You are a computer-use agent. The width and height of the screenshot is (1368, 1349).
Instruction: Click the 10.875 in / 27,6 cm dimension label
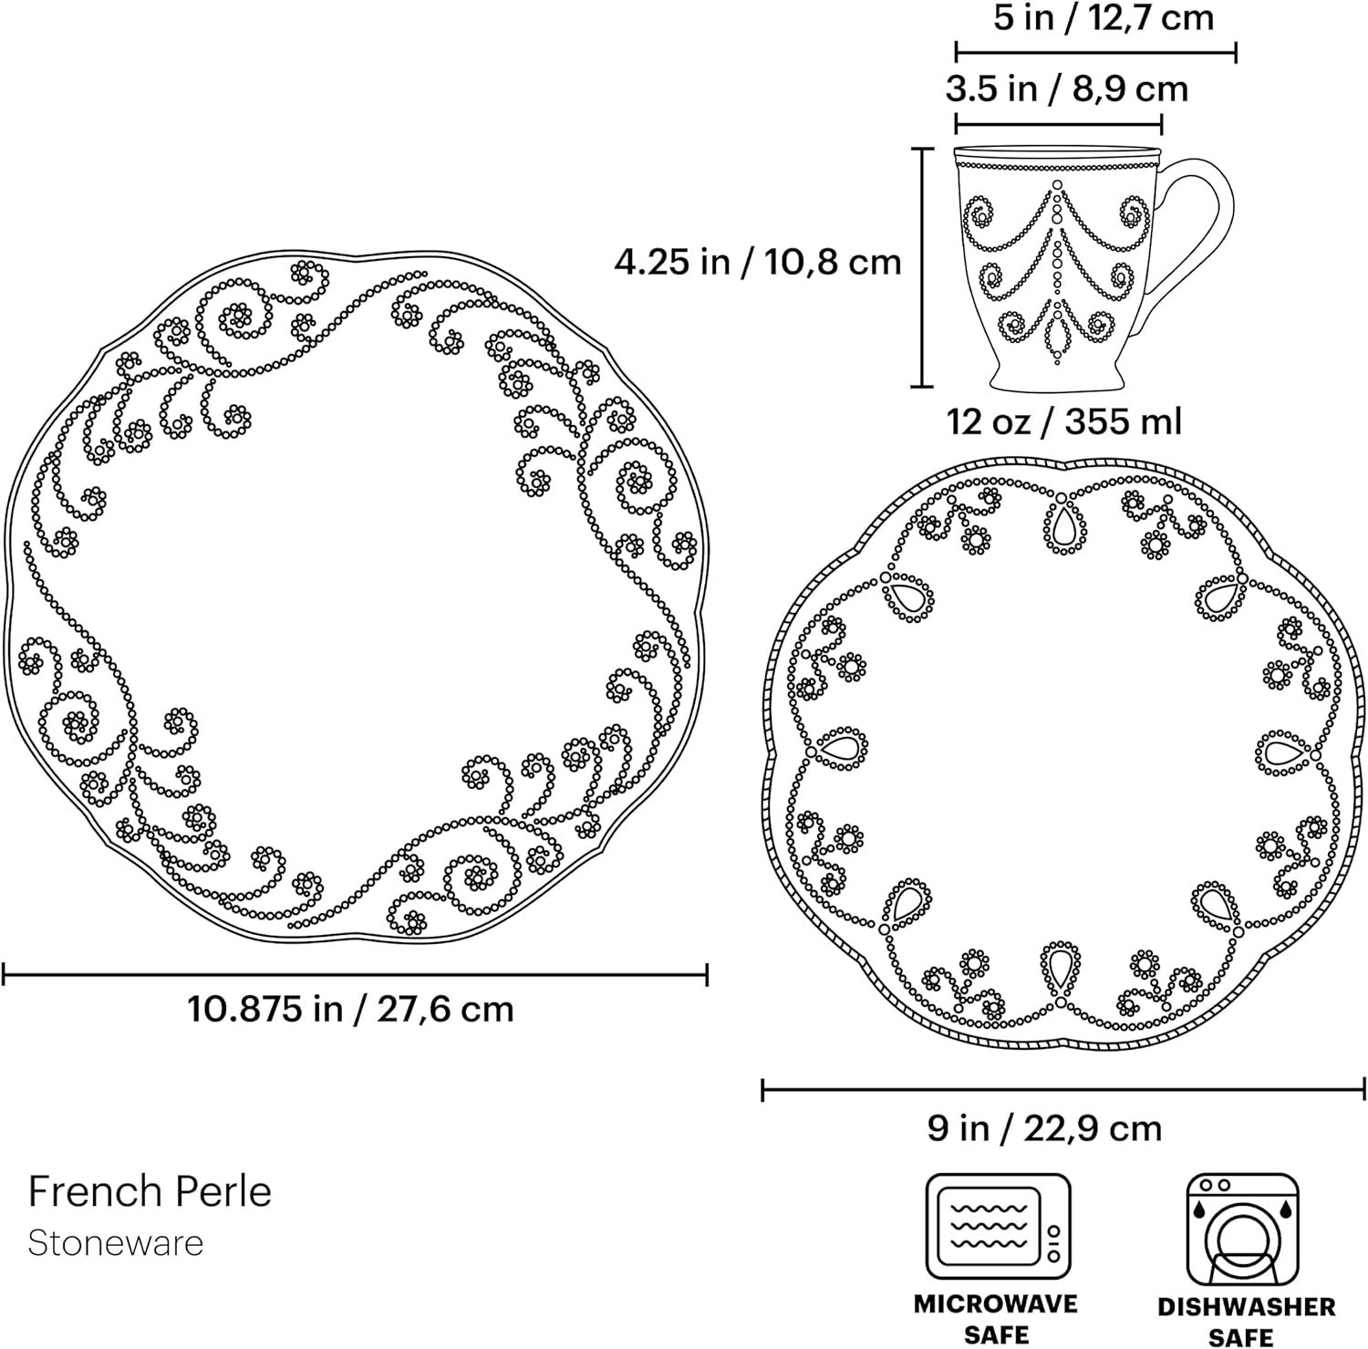click(x=351, y=1009)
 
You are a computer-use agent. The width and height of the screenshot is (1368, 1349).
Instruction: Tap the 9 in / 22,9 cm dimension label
click(x=1045, y=1128)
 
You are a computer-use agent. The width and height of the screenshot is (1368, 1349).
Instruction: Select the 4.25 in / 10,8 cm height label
click(x=757, y=262)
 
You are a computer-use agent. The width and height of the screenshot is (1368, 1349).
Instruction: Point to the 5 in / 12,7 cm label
click(x=1104, y=17)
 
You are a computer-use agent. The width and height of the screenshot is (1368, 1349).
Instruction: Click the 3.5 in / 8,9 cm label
click(x=1067, y=88)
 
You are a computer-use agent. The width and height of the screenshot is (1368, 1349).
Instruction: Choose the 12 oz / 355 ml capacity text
click(x=1064, y=421)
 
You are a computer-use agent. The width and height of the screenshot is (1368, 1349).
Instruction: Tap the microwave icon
click(x=998, y=1227)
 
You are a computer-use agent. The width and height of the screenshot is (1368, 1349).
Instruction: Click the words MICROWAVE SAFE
click(x=996, y=1319)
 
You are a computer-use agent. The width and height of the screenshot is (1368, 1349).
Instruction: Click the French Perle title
click(x=150, y=1191)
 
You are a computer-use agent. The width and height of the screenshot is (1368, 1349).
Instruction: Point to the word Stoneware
click(x=116, y=1243)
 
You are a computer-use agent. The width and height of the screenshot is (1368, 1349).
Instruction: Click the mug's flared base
click(x=1057, y=373)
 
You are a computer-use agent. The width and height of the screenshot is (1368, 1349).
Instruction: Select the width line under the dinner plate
click(x=356, y=975)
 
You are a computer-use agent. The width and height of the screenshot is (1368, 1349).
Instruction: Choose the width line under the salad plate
click(x=1063, y=1089)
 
